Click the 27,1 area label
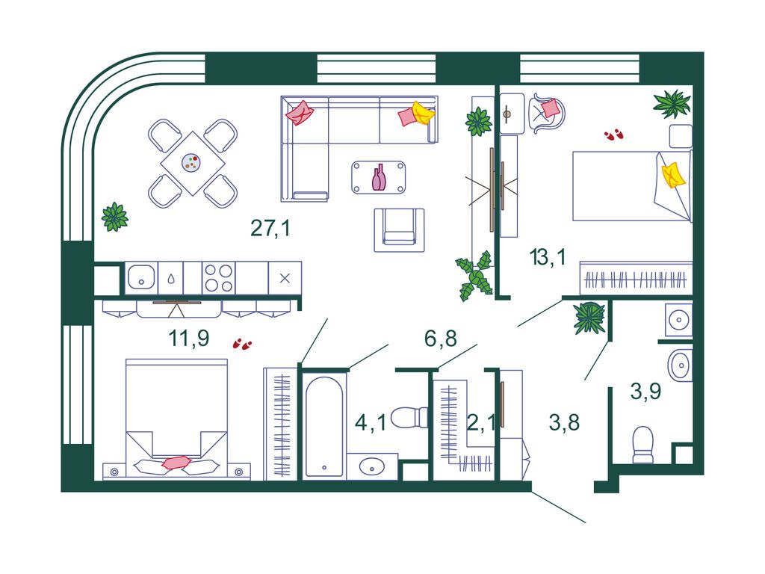pyautogui.click(x=270, y=228)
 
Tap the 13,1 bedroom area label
pyautogui.click(x=548, y=257)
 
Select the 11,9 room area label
pyautogui.click(x=189, y=338)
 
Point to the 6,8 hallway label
pyautogui.click(x=441, y=339)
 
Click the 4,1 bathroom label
pyautogui.click(x=371, y=422)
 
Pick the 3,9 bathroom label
pyautogui.click(x=645, y=391)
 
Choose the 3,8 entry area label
pyautogui.click(x=564, y=422)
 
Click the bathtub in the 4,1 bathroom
pyautogui.click(x=324, y=427)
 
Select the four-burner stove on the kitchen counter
pyautogui.click(x=219, y=278)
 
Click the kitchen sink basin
pyautogui.click(x=141, y=277)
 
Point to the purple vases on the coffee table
pyautogui.click(x=379, y=177)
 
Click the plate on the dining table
pyautogui.click(x=191, y=163)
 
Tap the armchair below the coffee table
pyautogui.click(x=399, y=230)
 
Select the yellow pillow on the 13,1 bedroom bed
pyautogui.click(x=673, y=174)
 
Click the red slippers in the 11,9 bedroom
pyautogui.click(x=243, y=344)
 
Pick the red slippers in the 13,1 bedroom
pyautogui.click(x=614, y=135)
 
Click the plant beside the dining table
pyautogui.click(x=114, y=217)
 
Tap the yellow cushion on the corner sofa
pyautogui.click(x=423, y=114)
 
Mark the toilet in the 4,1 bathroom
pyautogui.click(x=409, y=417)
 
